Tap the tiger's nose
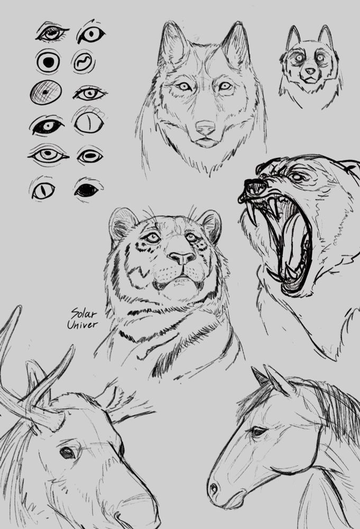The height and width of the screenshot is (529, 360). coord(182,258)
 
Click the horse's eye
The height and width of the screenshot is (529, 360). coord(257,432)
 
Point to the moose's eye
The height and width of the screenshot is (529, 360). coord(67,453)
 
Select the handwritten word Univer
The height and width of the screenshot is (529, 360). coord(82,324)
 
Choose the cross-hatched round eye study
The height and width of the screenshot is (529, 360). coord(45,92)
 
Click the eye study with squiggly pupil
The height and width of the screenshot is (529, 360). coord(84,61)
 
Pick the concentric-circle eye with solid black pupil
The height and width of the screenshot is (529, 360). coord(48,61)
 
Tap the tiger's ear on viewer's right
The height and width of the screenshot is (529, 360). coord(210,223)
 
